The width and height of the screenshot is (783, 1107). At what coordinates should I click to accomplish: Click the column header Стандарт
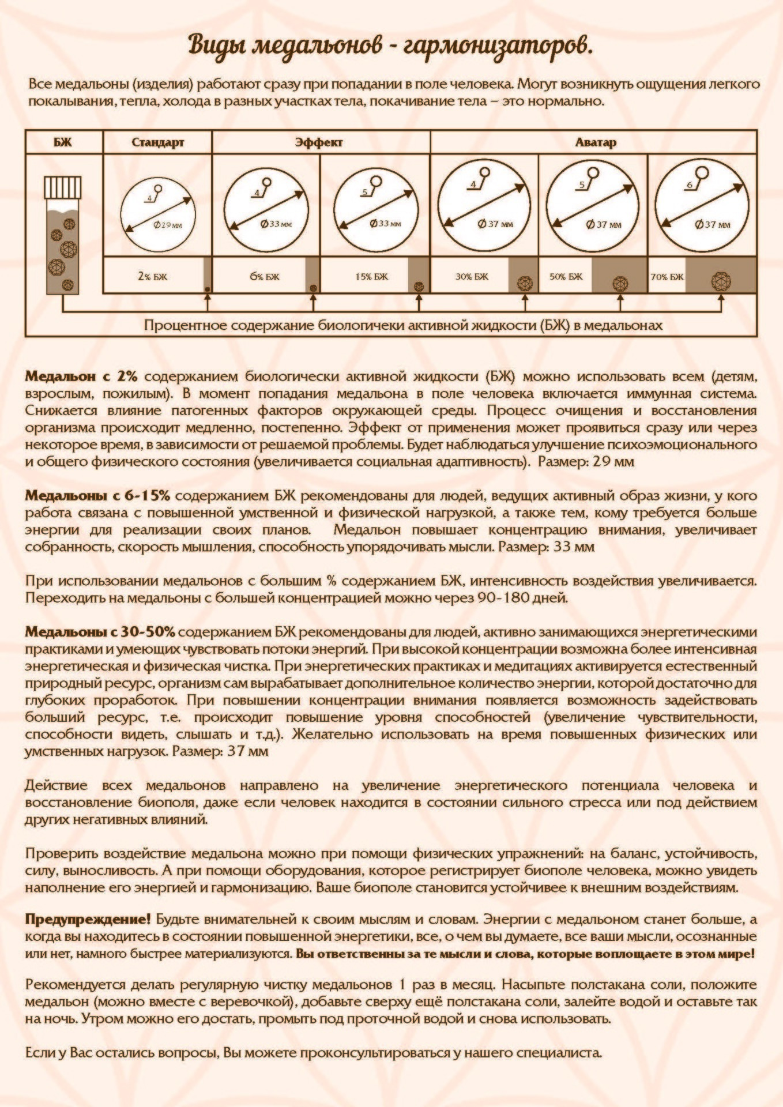[x=157, y=142]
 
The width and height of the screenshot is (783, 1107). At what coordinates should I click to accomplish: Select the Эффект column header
[x=319, y=142]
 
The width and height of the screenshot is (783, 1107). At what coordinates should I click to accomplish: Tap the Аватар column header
[x=595, y=142]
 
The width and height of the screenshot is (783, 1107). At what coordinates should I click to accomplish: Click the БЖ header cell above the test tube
[x=63, y=142]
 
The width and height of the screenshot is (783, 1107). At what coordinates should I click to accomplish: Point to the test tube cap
[x=63, y=187]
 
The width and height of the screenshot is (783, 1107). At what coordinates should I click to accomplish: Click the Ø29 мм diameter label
[x=168, y=225]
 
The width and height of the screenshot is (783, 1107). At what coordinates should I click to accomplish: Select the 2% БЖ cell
[x=152, y=276]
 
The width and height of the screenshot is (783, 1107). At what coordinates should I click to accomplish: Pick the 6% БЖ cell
[x=265, y=276]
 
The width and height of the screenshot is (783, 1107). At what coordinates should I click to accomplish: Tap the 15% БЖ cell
[x=371, y=276]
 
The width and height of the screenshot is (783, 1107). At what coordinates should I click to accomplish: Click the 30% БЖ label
[x=472, y=276]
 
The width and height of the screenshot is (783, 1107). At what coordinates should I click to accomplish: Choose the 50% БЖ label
[x=566, y=276]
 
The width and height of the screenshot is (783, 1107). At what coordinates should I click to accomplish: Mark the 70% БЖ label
[x=667, y=276]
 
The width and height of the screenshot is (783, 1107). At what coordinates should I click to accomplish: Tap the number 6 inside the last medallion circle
[x=690, y=186]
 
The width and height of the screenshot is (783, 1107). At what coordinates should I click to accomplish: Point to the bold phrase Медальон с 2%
[x=81, y=376]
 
